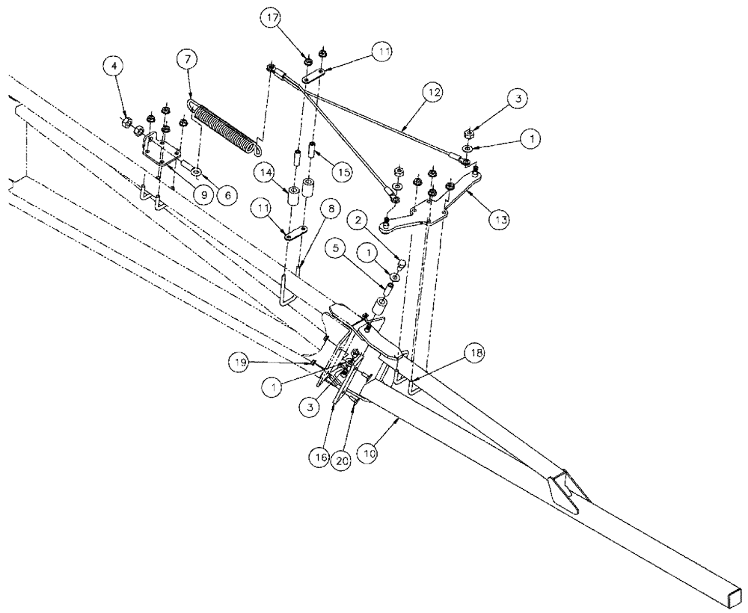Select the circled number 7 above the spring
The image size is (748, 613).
187,59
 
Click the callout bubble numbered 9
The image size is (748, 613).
202,194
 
